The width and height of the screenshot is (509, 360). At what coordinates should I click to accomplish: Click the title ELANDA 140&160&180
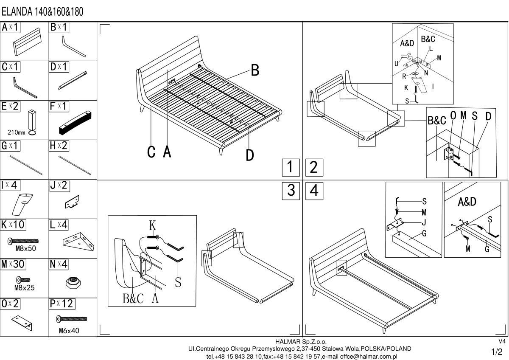coord(42,12)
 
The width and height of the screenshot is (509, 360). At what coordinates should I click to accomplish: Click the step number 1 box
coord(290,167)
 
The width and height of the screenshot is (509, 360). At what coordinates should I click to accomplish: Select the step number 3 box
coord(291,191)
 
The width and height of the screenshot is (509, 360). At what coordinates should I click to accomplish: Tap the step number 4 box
coord(314,191)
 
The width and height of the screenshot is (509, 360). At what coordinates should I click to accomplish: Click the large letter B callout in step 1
coord(255,70)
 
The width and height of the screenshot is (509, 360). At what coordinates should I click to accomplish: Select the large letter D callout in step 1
coord(250,155)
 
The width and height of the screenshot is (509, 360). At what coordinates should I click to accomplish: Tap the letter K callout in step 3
coord(152,225)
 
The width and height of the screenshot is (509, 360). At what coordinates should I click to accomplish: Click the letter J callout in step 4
coord(424,222)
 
